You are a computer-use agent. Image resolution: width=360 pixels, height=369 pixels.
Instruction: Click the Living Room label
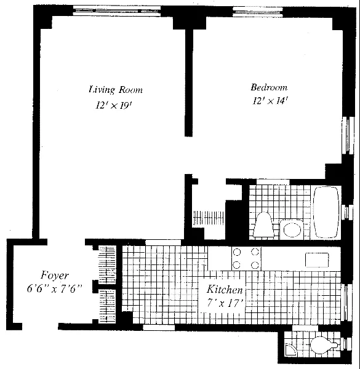115,90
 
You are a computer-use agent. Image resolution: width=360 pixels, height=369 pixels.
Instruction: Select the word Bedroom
268,87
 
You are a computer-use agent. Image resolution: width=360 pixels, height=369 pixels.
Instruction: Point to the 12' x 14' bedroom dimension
269,101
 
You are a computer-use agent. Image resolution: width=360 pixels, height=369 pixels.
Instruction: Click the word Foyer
54,276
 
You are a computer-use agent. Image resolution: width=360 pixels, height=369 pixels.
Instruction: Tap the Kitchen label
225,290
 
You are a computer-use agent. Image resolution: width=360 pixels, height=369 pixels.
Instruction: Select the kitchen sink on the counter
319,259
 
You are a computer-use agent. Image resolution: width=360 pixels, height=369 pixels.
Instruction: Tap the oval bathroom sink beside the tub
291,230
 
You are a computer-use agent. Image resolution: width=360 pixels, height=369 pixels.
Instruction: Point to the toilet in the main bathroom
264,224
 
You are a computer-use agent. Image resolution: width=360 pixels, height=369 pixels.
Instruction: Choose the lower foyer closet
108,304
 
